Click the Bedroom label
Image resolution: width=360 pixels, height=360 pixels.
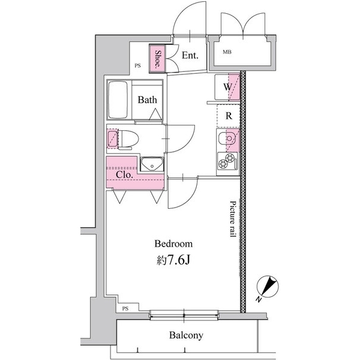(x=173, y=244)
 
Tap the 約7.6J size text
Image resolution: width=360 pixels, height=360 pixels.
(x=173, y=261)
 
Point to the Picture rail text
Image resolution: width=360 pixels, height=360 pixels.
(x=232, y=220)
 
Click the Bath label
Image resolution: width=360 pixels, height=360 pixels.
(x=148, y=100)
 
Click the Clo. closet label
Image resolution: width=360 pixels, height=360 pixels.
(x=124, y=175)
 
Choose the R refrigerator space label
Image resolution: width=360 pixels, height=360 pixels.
(x=229, y=116)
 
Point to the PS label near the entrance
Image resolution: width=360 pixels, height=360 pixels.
(x=137, y=66)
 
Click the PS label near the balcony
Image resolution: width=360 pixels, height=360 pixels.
(x=125, y=308)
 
